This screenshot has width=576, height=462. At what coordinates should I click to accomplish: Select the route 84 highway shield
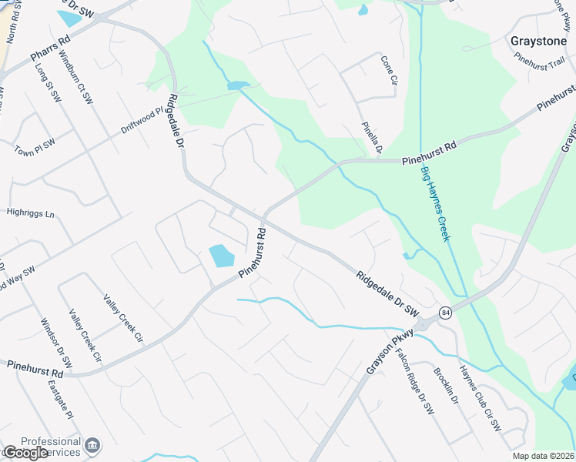tap(445, 312)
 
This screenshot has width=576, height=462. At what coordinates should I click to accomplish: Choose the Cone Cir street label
tap(387, 71)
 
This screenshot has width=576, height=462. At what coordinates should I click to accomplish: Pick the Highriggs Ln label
tap(31, 213)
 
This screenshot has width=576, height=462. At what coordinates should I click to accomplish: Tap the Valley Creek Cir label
tap(122, 318)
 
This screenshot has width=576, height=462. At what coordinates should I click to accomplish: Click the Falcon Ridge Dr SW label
tap(415, 383)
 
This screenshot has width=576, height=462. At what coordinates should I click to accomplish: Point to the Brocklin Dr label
tap(446, 389)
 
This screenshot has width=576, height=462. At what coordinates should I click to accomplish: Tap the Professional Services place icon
tap(92, 445)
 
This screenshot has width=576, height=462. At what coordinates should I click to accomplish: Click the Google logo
tap(25, 453)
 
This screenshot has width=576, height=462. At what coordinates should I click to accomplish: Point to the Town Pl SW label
tap(35, 147)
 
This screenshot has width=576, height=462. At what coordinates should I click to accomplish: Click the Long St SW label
tap(48, 82)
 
